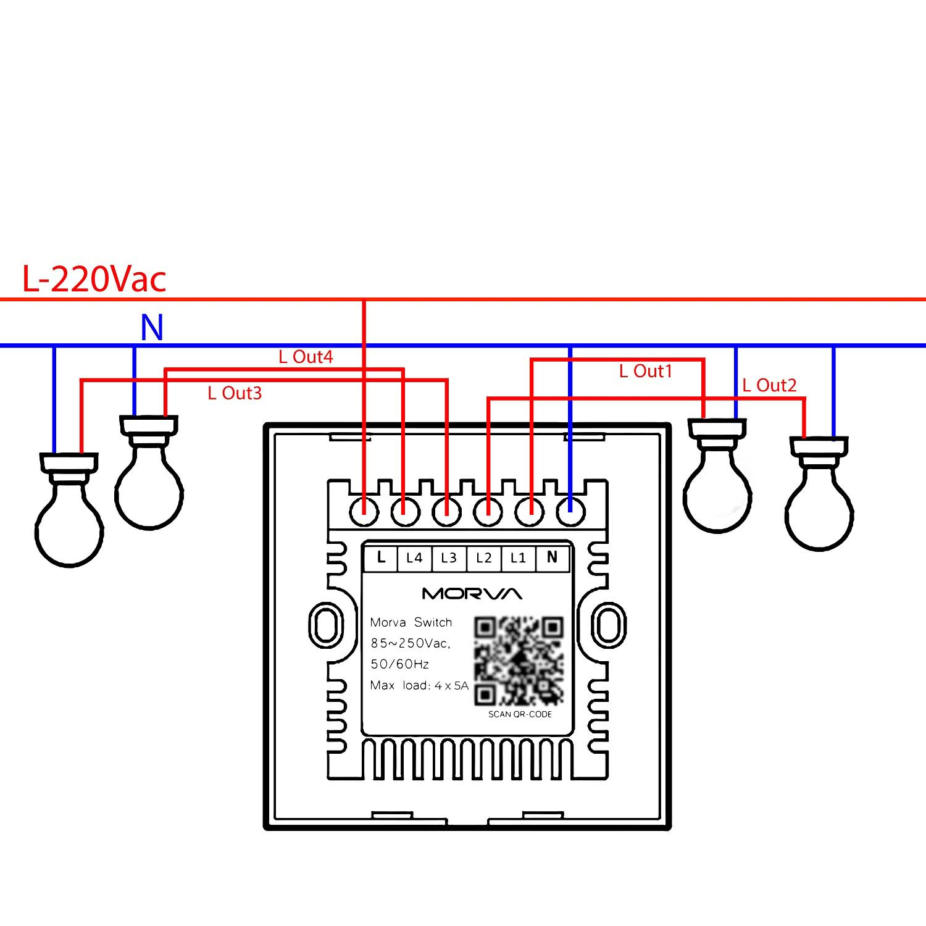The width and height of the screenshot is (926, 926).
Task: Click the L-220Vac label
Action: (x=94, y=279)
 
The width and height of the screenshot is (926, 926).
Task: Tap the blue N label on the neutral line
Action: (x=152, y=328)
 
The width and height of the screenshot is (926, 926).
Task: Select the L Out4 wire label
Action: (x=306, y=357)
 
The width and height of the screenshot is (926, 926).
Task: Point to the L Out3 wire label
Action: (x=235, y=393)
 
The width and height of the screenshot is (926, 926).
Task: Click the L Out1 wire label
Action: (x=645, y=371)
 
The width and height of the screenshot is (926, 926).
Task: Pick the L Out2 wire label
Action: (x=769, y=386)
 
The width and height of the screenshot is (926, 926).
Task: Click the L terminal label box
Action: (x=381, y=558)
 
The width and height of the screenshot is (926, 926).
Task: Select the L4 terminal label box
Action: (x=414, y=558)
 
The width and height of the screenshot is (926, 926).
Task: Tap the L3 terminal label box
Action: (x=449, y=558)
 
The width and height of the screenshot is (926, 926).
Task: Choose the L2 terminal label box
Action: (x=484, y=558)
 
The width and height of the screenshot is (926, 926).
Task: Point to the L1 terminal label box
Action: (x=518, y=558)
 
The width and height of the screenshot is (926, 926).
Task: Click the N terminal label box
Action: (x=552, y=558)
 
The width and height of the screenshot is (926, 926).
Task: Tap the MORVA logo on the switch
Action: (x=472, y=594)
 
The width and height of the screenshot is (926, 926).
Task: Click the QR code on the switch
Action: (x=519, y=661)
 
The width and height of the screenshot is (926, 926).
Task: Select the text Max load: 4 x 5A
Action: (x=419, y=685)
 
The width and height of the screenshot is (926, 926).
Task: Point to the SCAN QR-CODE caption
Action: (x=520, y=714)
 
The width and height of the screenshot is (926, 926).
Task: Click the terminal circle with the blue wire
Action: (x=570, y=512)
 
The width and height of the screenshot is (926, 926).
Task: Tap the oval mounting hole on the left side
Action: (x=325, y=625)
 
